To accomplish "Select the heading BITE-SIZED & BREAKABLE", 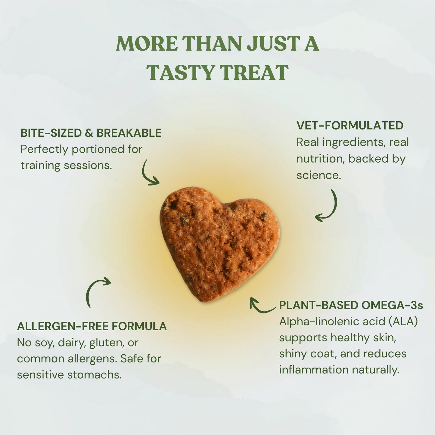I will click(91, 133).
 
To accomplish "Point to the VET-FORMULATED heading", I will click(350, 126).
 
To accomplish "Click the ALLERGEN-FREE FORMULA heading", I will click(92, 326).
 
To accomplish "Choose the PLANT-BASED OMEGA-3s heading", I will click(351, 305).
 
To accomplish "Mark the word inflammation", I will click(314, 370).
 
